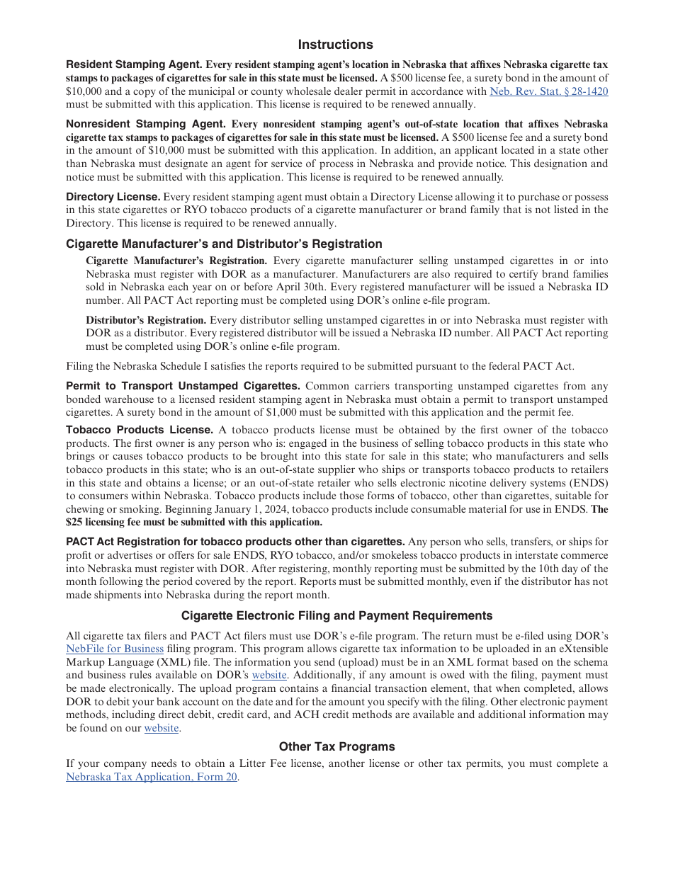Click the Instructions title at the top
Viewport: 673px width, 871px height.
(x=335, y=45)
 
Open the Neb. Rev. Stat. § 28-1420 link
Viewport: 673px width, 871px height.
(x=548, y=91)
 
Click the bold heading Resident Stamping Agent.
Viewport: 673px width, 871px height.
(x=134, y=64)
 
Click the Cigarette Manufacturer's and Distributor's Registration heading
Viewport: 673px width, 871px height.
(x=224, y=244)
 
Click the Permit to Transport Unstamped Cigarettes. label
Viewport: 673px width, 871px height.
(x=183, y=386)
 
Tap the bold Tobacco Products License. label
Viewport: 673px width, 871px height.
(x=140, y=430)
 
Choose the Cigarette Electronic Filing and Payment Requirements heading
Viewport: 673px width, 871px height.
(x=336, y=615)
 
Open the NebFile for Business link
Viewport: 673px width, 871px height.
(x=115, y=649)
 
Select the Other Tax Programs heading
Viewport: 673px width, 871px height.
(x=336, y=746)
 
